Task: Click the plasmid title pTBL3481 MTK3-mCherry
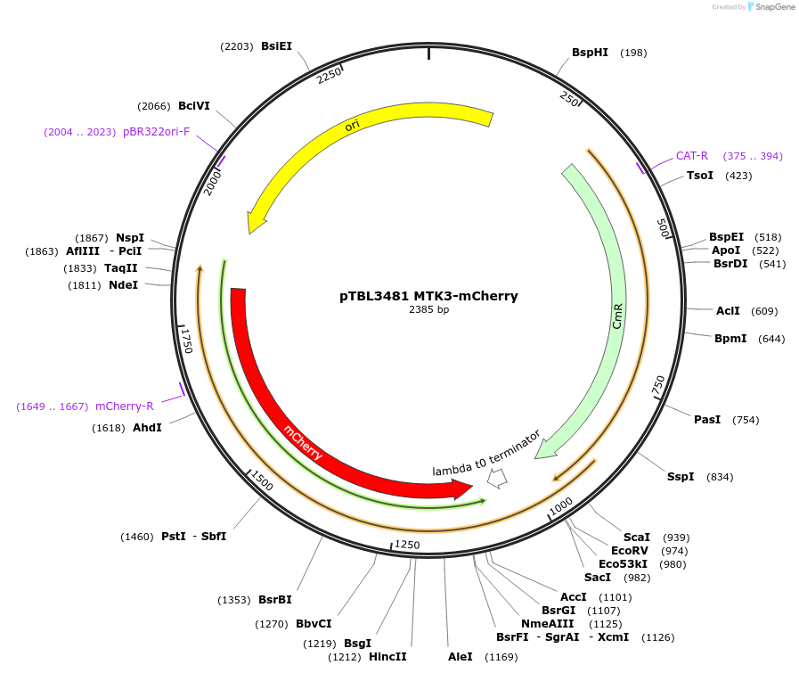tap(428, 296)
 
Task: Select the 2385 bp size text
tap(428, 310)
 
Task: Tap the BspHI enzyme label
tap(590, 53)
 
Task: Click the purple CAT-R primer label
tap(692, 156)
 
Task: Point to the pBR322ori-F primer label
tap(157, 132)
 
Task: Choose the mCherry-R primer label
tap(125, 406)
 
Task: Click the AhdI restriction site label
tap(147, 428)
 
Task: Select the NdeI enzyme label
tap(123, 285)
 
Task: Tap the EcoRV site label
tap(639, 551)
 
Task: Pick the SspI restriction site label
tap(681, 477)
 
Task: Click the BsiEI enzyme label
tap(276, 46)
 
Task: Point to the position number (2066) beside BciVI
tap(154, 106)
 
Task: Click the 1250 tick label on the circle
tap(407, 545)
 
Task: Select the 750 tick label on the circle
tap(659, 386)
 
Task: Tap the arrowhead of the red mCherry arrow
tap(463, 489)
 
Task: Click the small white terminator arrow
tap(497, 479)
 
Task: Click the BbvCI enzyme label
tap(314, 624)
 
